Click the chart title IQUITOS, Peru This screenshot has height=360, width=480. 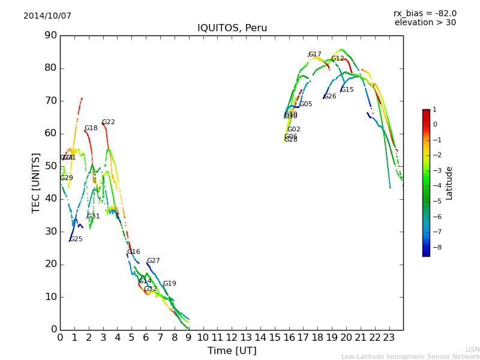[232, 28]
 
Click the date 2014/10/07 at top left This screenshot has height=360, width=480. [47, 16]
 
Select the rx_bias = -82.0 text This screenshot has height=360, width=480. [425, 13]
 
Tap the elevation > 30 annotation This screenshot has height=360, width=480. [425, 23]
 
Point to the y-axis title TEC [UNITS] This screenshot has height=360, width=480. [36, 182]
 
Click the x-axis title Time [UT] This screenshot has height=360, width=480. [232, 350]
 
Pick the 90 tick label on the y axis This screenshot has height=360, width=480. [50, 35]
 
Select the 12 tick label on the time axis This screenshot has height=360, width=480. [232, 337]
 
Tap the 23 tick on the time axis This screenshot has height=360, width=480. [389, 337]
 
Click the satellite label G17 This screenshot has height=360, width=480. [314, 55]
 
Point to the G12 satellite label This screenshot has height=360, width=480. [338, 59]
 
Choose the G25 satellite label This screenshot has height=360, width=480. [76, 239]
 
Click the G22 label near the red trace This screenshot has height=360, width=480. [108, 122]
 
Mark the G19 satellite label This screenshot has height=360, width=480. [169, 284]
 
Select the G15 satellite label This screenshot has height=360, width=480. [347, 90]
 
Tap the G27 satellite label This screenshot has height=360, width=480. [153, 261]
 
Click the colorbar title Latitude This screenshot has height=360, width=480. [449, 183]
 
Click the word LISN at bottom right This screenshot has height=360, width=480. [472, 349]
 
